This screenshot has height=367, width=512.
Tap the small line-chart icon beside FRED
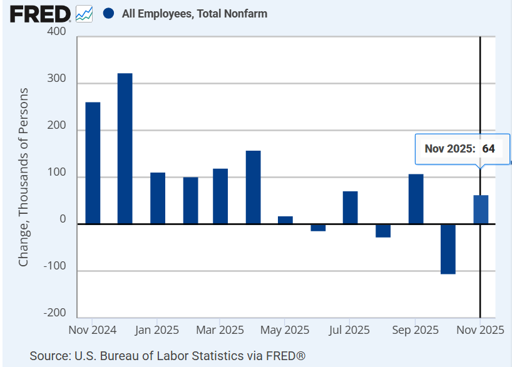click(84, 13)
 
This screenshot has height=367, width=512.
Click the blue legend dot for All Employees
click(109, 13)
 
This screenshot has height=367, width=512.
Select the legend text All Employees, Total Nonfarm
click(195, 14)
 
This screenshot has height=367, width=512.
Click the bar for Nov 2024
click(93, 163)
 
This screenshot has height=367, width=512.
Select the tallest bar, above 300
click(125, 148)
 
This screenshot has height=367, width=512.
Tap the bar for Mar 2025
click(220, 196)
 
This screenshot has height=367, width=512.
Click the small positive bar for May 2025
click(285, 220)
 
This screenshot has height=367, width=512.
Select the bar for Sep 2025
click(416, 199)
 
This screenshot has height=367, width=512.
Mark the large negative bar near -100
click(448, 249)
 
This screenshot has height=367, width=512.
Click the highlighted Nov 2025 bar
click(481, 209)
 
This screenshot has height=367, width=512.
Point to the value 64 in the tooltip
click(488, 149)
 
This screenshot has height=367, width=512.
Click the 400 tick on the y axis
click(56, 32)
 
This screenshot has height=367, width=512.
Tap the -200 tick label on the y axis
click(54, 313)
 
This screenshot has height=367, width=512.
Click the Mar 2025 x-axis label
click(220, 329)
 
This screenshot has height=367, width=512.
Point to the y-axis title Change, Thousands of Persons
click(24, 177)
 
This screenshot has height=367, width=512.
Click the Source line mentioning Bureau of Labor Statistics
click(168, 356)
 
